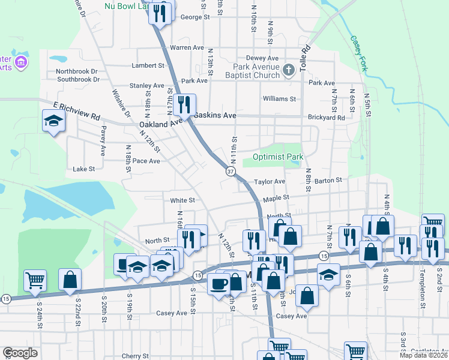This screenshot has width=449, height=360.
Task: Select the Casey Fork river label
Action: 358,54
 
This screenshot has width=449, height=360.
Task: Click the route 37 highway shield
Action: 231,172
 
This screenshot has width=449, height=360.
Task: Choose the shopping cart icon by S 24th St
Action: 35,280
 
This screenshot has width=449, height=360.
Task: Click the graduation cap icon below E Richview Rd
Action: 53,121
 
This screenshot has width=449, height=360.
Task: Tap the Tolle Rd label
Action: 304,56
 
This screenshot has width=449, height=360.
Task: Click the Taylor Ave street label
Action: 269,181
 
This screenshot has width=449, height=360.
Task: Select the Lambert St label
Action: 148,65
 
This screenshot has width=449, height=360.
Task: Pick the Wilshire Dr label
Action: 121,104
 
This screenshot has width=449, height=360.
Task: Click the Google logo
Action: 20,353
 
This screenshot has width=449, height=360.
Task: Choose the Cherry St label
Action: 135,356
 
